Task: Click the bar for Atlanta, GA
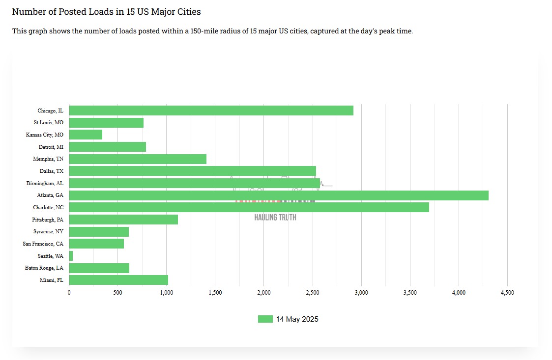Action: point(279,195)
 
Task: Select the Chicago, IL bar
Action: point(211,111)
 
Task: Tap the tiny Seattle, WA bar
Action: point(71,256)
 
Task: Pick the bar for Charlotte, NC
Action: point(249,207)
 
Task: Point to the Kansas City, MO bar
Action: point(86,135)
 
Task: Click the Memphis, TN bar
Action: point(138,159)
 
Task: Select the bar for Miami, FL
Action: point(118,280)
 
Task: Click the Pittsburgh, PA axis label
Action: point(48,220)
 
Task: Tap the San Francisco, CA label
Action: point(43,244)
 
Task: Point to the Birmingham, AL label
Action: point(45,183)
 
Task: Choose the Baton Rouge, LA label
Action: point(44,268)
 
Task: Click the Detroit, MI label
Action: point(51,147)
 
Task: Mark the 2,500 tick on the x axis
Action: point(313,293)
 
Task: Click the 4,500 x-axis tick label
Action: point(507,293)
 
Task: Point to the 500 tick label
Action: point(117,293)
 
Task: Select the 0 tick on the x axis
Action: point(69,293)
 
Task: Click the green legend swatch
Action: point(265,319)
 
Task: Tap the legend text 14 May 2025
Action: point(297,319)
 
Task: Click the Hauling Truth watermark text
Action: point(275,217)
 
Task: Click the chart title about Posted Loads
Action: point(106,12)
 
